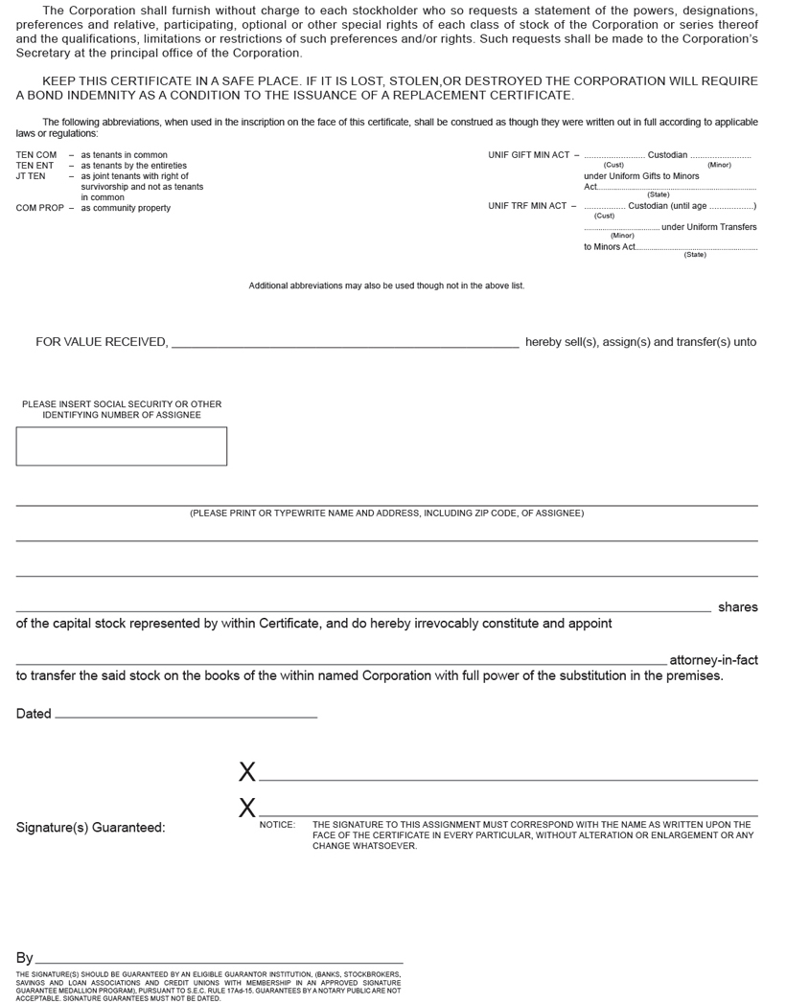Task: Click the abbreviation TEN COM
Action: tap(36, 155)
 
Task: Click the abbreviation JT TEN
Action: tap(31, 176)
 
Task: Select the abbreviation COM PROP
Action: tap(39, 208)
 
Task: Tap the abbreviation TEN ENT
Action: tap(35, 166)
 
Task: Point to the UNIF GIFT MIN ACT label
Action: tap(528, 155)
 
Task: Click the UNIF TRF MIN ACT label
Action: tap(526, 206)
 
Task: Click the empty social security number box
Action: tap(122, 446)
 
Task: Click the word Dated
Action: tap(34, 714)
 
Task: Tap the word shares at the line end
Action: tap(737, 607)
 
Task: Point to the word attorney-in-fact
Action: tap(713, 660)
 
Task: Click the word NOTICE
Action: tap(277, 825)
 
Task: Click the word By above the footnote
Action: tap(24, 958)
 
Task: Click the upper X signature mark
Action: tap(247, 772)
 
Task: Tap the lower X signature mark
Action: tap(247, 809)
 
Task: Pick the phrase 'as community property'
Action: tap(126, 208)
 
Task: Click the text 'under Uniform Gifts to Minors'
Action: tap(641, 176)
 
